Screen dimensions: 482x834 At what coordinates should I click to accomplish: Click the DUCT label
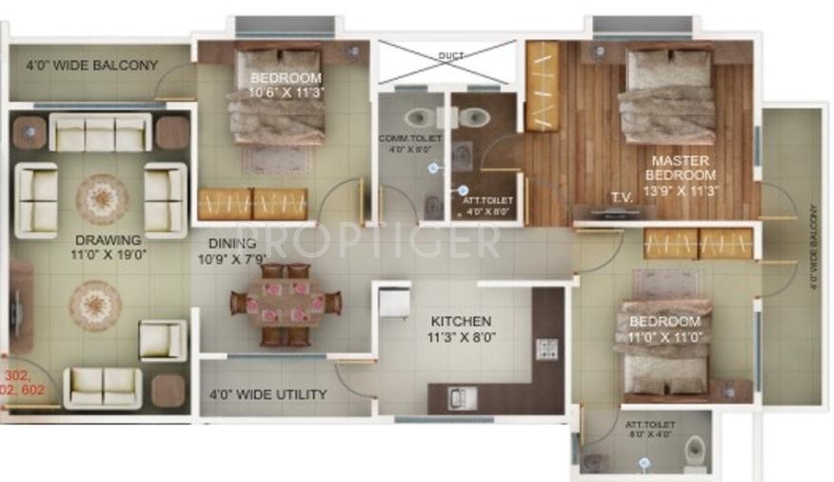(450, 56)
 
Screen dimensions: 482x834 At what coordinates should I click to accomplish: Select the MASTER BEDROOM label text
(680, 168)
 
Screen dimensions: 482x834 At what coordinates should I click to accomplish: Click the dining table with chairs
(285, 304)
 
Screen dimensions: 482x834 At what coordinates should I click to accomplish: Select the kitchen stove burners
(547, 348)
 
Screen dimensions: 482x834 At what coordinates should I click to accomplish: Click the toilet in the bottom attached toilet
(696, 448)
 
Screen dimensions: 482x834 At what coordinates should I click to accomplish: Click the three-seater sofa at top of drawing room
(100, 133)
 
